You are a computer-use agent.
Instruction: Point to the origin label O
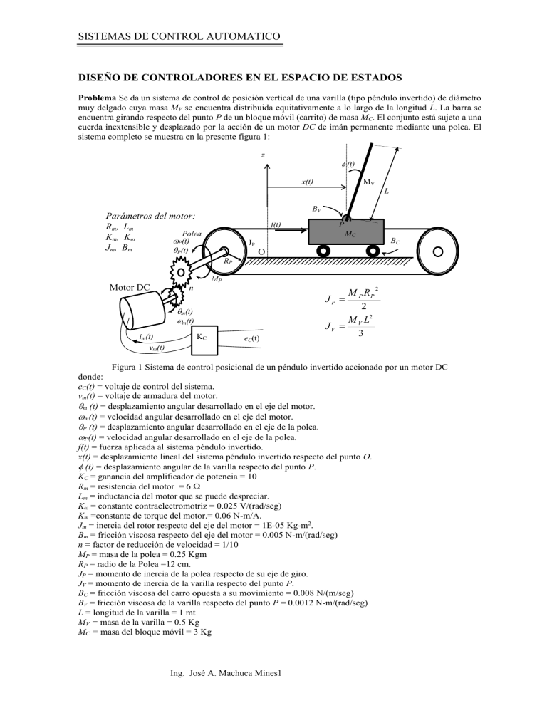point(261,253)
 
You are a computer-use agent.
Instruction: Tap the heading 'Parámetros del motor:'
point(148,215)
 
